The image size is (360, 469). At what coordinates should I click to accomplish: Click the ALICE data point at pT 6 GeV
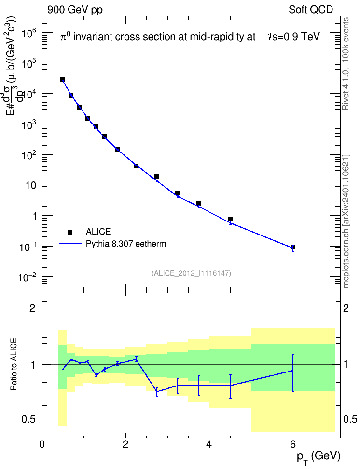293,247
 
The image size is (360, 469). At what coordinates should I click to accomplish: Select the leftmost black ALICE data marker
63,80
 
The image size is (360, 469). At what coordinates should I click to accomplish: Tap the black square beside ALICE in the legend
70,232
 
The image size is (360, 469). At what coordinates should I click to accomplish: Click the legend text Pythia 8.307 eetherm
126,244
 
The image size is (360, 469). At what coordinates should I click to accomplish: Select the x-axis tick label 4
209,444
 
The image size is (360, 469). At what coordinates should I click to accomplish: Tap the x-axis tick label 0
42,444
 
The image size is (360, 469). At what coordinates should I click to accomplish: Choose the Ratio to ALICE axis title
14,364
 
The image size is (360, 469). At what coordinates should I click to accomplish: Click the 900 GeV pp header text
75,10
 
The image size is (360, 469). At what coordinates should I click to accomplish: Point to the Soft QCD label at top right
311,10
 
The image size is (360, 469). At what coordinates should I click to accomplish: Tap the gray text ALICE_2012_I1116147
192,273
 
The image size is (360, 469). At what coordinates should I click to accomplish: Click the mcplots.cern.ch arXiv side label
346,221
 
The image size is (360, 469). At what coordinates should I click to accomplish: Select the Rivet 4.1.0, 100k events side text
346,64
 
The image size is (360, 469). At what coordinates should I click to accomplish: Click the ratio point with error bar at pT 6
293,371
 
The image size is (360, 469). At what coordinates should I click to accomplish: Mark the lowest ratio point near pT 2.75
157,391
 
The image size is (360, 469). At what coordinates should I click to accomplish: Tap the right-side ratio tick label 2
346,308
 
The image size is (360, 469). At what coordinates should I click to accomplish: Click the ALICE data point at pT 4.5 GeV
230,219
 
